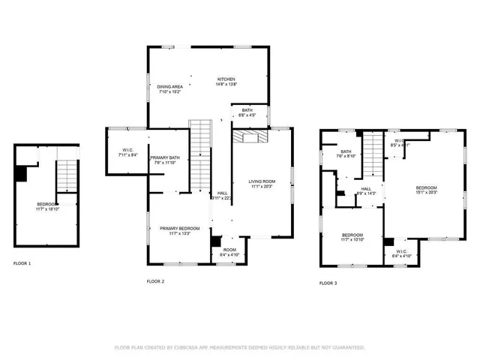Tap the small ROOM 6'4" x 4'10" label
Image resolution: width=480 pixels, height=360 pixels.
click(x=229, y=252)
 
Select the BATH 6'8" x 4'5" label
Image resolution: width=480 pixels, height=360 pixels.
click(x=247, y=112)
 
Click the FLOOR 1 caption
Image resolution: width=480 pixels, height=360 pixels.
click(x=22, y=263)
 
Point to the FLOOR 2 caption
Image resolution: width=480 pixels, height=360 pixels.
click(x=155, y=281)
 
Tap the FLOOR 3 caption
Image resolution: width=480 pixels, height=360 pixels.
click(x=328, y=283)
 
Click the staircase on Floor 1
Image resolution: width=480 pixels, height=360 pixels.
click(x=68, y=177)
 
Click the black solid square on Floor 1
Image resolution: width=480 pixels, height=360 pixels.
click(x=21, y=173)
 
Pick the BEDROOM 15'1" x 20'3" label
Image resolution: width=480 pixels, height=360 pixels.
click(x=426, y=190)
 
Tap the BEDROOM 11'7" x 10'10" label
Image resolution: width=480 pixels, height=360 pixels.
click(x=352, y=237)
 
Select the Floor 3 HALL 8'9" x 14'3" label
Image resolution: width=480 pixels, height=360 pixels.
click(x=366, y=191)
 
